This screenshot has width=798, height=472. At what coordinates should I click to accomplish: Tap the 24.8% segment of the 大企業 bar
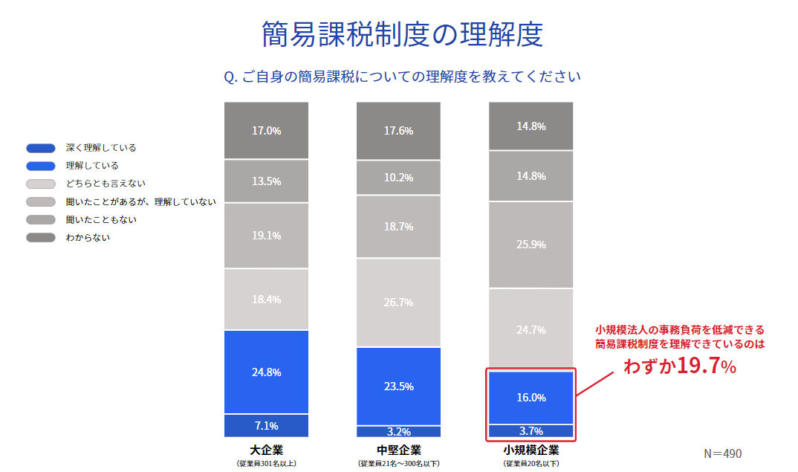coord(266,372)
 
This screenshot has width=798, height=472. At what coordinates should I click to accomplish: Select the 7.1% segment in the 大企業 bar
coord(266,426)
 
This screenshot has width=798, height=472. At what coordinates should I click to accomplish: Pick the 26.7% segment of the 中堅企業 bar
coord(398,303)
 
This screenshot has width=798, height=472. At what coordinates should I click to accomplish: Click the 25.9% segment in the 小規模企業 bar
coord(531,245)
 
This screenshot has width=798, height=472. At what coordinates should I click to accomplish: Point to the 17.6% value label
coord(398,131)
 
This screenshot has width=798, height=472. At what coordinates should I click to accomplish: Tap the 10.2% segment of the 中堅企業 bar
coord(398,178)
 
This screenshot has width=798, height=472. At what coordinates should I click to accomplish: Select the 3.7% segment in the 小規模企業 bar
coord(531,431)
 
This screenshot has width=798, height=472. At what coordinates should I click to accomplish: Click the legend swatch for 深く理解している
coord(41,148)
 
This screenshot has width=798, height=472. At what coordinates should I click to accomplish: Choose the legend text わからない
coord(88,238)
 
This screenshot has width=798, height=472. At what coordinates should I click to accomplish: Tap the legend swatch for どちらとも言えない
coord(41,184)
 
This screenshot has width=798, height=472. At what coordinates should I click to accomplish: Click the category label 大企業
coord(266,450)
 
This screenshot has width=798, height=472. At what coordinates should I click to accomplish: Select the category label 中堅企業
coord(398,450)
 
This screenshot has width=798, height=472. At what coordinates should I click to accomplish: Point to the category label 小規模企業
coord(531,450)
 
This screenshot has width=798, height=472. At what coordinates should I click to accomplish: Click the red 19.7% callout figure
coord(706,366)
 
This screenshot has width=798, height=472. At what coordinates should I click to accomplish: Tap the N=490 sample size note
coord(722,453)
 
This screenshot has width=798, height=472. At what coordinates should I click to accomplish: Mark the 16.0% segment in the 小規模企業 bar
coord(531,398)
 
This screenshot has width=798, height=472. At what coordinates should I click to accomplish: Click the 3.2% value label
coord(398,431)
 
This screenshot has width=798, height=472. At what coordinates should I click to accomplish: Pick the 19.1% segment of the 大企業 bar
coord(266,236)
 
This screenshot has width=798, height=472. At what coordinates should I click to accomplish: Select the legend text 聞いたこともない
coord(101,220)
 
